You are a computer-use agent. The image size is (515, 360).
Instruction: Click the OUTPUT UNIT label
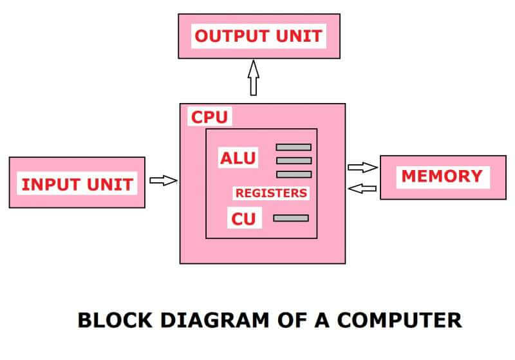point(258,36)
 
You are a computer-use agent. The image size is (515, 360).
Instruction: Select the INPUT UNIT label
point(77,184)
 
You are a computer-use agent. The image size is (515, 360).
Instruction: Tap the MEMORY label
point(442,176)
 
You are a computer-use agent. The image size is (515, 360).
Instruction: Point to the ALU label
point(238,158)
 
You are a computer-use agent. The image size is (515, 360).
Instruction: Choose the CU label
point(244,218)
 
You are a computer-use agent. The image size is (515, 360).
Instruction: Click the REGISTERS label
point(271,193)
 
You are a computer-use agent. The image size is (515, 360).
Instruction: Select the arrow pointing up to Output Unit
point(253,77)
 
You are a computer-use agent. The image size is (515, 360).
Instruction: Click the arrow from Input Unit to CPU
point(163,180)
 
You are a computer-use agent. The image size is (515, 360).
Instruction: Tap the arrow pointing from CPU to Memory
point(362,167)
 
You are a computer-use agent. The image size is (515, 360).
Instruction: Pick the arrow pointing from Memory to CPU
point(362,188)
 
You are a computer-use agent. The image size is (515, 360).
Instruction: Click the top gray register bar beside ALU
point(294,147)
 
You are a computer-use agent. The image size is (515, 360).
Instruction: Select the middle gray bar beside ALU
point(294,160)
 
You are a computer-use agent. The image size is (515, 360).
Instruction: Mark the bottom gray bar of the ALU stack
point(294,174)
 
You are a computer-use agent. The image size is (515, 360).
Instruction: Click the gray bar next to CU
point(291,218)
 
